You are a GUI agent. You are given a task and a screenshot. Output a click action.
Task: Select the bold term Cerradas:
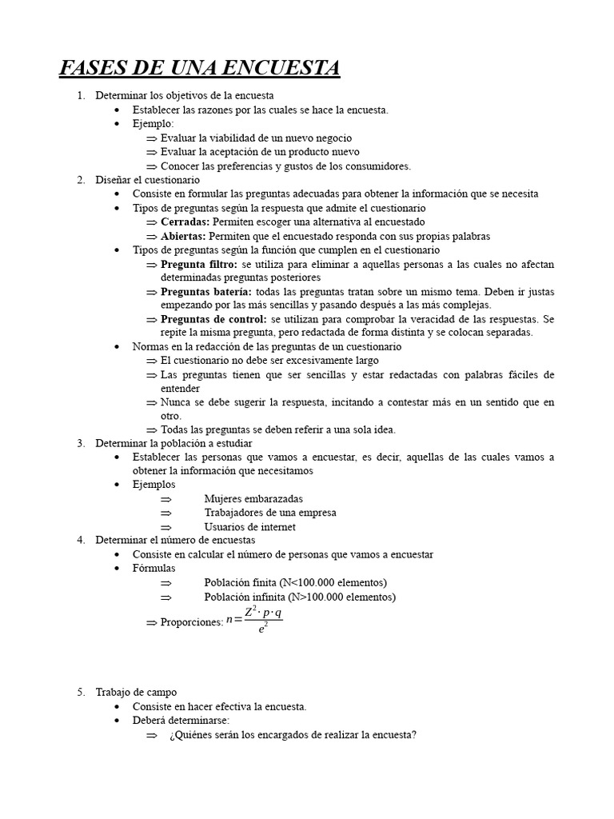(x=185, y=222)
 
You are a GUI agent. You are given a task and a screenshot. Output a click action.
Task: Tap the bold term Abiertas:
(x=183, y=236)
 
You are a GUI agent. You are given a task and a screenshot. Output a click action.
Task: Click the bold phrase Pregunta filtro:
(x=199, y=264)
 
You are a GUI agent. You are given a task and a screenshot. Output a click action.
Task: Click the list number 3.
(x=81, y=443)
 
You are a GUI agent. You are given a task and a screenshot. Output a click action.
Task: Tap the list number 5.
(x=81, y=693)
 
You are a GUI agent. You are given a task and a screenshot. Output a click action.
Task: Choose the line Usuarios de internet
(x=249, y=527)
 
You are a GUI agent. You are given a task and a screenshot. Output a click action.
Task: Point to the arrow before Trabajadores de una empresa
(x=165, y=513)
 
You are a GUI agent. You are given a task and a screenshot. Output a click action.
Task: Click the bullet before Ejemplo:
(x=118, y=124)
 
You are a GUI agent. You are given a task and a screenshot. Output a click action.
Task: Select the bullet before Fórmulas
(x=118, y=569)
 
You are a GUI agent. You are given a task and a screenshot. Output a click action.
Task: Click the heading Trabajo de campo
(x=136, y=693)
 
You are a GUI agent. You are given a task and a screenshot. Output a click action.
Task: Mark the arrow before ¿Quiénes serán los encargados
(x=152, y=736)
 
